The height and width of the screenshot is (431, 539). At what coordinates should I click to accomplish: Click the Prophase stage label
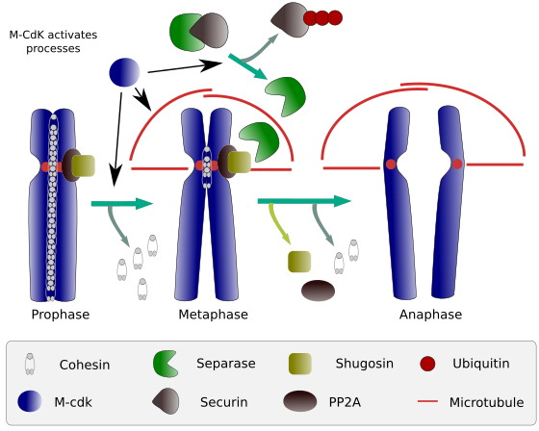[x=61, y=315]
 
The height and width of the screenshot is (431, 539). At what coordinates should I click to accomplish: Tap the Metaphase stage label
[x=213, y=315]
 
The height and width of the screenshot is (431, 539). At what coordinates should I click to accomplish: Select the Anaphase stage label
[x=430, y=315]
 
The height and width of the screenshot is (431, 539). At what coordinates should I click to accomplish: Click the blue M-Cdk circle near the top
[x=124, y=72]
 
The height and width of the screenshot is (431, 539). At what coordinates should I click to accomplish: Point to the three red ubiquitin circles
[x=323, y=18]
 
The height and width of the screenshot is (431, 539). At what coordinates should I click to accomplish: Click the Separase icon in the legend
[x=166, y=364]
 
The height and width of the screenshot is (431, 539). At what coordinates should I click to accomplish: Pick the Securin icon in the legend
[x=166, y=401]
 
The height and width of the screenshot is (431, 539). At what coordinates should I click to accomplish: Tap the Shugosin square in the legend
[x=299, y=364]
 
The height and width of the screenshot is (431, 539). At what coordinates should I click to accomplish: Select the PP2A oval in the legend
[x=300, y=401]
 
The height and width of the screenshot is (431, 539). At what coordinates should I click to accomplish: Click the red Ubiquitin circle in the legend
[x=427, y=364]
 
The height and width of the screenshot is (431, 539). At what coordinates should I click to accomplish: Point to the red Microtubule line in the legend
[x=427, y=401]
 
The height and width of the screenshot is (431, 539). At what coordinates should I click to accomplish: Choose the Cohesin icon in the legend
[x=30, y=364]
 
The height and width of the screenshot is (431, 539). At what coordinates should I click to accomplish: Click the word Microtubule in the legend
[x=486, y=402]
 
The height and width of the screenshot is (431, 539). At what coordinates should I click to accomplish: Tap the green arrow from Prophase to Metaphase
[x=122, y=203]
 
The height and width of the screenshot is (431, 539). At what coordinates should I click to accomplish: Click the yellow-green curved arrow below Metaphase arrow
[x=279, y=223]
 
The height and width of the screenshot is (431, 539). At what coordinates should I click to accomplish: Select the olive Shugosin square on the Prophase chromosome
[x=83, y=165]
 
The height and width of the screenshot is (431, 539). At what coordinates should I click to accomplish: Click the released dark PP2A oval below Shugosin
[x=318, y=291]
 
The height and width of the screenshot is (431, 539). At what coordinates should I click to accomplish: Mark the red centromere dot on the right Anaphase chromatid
[x=457, y=165]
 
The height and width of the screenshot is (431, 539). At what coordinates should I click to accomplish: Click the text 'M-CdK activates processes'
[x=53, y=41]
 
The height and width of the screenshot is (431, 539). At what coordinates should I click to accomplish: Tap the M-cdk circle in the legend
[x=30, y=401]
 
